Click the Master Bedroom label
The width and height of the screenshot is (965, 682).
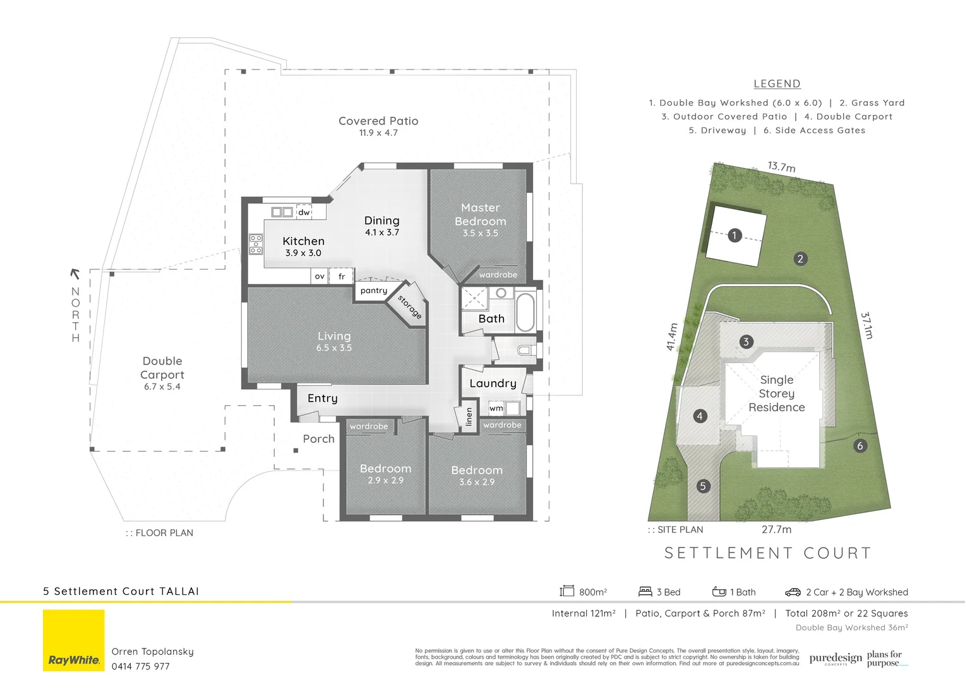point(480,215)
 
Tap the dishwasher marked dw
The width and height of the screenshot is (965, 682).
point(304,212)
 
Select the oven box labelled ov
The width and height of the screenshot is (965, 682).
point(320,277)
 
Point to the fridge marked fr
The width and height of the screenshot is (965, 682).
point(342,277)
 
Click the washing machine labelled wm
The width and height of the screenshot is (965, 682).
point(496,408)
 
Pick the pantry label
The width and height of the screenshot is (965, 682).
point(374,290)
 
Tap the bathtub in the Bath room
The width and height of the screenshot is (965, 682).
point(525,311)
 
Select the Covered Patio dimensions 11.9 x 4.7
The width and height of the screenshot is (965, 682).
point(378,133)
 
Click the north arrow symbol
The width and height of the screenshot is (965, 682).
point(75,273)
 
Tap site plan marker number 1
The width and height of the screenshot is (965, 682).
point(734,236)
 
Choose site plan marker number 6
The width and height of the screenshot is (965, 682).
point(860,446)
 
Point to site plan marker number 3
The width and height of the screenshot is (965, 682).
point(746,342)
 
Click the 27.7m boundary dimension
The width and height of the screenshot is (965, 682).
point(776,529)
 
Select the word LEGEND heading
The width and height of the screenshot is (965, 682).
point(777,84)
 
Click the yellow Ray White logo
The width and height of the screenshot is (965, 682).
point(74,640)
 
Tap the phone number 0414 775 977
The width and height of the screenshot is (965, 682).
point(141,666)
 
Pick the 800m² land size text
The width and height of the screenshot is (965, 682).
point(593,592)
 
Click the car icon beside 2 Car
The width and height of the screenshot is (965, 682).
point(793,592)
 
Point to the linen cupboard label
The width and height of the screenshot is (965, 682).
point(469,417)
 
